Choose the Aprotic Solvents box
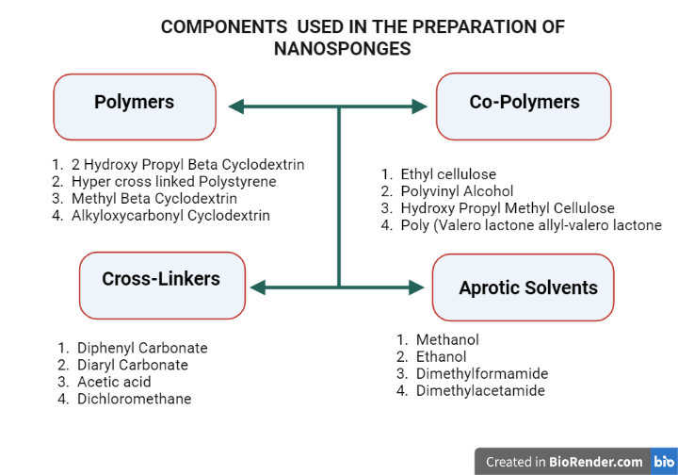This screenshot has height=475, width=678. [x=527, y=287]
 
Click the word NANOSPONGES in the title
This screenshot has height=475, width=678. [x=342, y=48]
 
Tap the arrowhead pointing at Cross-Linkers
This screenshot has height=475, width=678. [x=256, y=287]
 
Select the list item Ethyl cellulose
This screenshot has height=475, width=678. [x=447, y=174]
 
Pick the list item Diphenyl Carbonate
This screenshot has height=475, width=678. [x=142, y=348]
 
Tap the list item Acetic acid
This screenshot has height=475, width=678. [x=114, y=382]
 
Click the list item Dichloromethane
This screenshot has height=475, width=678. [x=134, y=399]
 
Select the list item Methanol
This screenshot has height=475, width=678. [x=447, y=340]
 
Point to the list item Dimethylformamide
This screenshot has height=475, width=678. [x=481, y=374]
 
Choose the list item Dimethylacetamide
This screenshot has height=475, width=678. [x=480, y=391]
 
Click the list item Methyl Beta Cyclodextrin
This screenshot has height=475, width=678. [x=153, y=199]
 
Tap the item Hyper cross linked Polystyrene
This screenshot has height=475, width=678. [x=173, y=182]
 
